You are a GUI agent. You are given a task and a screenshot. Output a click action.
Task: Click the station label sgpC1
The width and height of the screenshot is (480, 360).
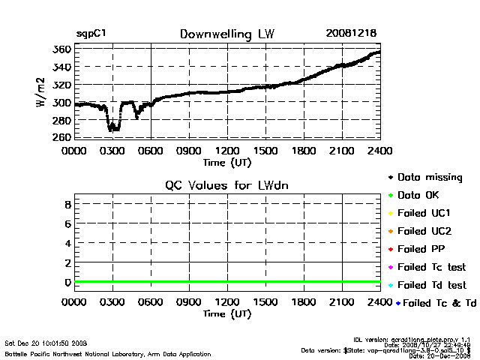[91, 34]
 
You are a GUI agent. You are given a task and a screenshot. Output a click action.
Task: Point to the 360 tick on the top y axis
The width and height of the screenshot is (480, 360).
[61, 49]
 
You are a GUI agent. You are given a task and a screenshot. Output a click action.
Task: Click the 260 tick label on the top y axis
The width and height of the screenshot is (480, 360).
[61, 137]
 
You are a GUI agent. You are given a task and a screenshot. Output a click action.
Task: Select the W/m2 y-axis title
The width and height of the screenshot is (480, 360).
[43, 94]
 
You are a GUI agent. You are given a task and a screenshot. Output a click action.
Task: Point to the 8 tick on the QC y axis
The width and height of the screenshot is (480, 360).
[67, 204]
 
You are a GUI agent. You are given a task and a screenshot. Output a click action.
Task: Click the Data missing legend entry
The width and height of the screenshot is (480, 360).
[429, 178]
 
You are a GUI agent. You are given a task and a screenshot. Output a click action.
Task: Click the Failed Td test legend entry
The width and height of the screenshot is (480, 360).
[431, 285]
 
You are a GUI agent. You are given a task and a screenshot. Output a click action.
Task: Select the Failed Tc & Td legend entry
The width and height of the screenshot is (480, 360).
[436, 303]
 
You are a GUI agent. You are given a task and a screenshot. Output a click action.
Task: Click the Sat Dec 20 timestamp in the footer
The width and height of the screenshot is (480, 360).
[46, 343]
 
